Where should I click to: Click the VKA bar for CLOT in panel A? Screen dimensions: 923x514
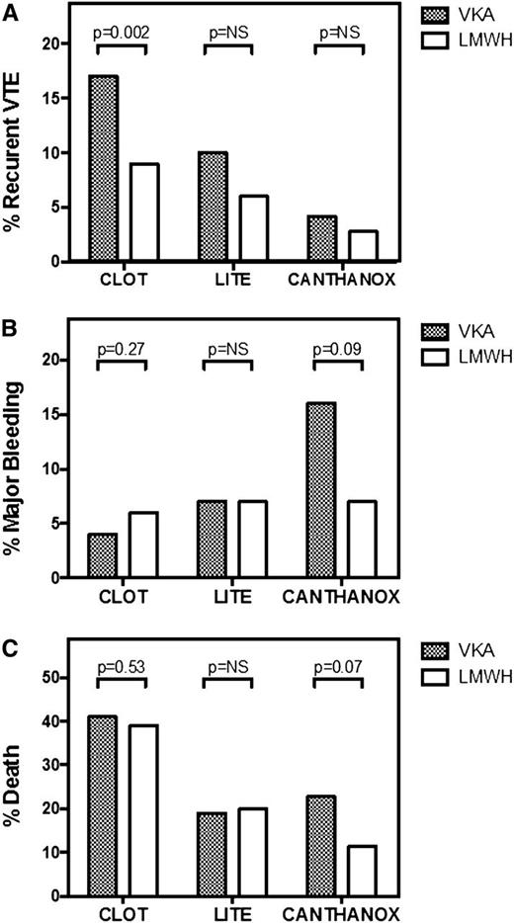(x=102, y=168)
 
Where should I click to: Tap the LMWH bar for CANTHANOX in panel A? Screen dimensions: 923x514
(x=361, y=246)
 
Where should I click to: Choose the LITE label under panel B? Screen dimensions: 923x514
(x=230, y=596)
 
